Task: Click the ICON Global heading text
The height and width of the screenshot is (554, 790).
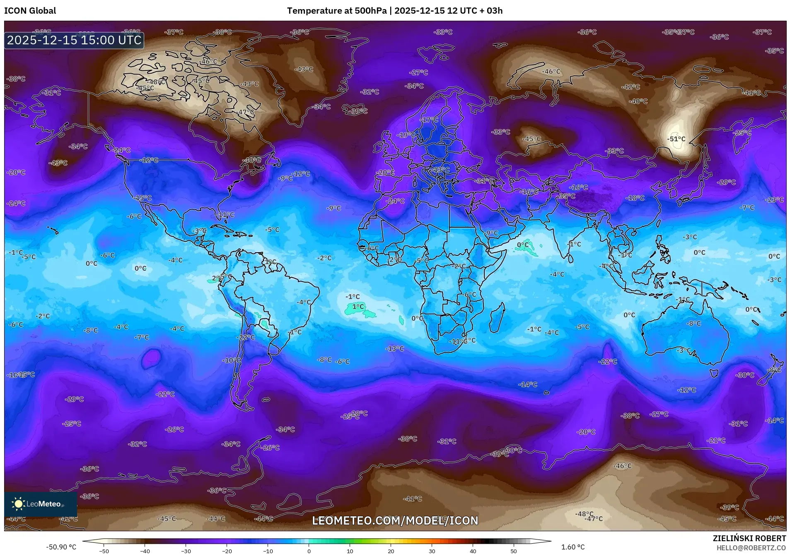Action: coord(30,11)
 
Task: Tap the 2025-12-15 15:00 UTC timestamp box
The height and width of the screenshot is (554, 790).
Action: coord(74,40)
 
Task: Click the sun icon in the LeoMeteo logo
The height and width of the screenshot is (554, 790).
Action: coord(18,504)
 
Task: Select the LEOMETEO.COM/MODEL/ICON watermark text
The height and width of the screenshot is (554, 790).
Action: coord(395,520)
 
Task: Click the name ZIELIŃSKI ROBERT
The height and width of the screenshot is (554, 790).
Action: coord(749,538)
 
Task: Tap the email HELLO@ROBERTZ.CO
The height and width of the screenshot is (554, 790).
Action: coord(751,547)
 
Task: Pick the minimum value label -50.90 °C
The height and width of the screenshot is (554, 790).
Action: coord(61,547)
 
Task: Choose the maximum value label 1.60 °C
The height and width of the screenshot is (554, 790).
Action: coord(573,547)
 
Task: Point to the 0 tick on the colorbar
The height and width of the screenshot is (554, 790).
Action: coord(309,551)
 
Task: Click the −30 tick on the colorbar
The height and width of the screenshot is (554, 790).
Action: coord(186,551)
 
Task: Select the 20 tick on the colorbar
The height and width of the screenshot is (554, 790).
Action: coord(391,551)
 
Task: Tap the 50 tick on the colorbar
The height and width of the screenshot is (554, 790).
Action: coord(514,551)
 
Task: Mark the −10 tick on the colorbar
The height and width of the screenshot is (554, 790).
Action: coord(268,551)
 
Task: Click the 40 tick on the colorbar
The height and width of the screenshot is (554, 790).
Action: coord(473,551)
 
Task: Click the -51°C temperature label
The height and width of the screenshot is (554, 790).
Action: coord(676,139)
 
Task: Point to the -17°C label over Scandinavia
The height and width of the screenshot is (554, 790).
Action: coord(429,120)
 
